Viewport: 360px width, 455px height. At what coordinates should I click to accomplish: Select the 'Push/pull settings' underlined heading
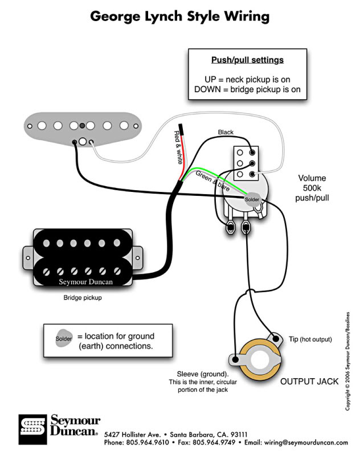pyautogui.click(x=247, y=60)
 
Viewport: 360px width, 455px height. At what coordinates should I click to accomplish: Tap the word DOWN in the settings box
pyautogui.click(x=207, y=89)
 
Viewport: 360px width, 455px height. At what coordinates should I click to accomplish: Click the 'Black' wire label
pyautogui.click(x=226, y=132)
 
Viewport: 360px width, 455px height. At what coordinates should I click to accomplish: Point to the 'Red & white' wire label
pyautogui.click(x=178, y=147)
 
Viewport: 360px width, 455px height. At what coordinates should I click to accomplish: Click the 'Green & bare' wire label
pyautogui.click(x=213, y=181)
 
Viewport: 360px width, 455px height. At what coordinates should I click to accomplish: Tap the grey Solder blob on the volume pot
pyautogui.click(x=252, y=200)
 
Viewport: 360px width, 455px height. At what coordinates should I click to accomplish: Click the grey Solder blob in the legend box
pyautogui.click(x=64, y=338)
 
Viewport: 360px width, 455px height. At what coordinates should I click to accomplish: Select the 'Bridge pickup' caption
pyautogui.click(x=83, y=297)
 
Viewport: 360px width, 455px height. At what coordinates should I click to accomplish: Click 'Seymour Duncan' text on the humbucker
pyautogui.click(x=85, y=282)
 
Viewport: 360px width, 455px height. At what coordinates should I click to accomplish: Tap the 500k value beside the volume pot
pyautogui.click(x=312, y=188)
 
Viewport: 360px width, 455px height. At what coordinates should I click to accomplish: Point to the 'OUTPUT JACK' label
pyautogui.click(x=309, y=382)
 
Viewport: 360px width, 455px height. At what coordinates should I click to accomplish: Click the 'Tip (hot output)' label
pyautogui.click(x=310, y=339)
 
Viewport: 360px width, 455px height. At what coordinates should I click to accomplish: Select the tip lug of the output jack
pyautogui.click(x=276, y=339)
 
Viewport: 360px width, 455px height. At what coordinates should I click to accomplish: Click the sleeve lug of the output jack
pyautogui.click(x=236, y=359)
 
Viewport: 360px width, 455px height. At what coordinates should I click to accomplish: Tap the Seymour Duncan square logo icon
pyautogui.click(x=32, y=429)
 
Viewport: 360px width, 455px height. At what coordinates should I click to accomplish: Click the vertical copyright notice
pyautogui.click(x=347, y=361)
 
